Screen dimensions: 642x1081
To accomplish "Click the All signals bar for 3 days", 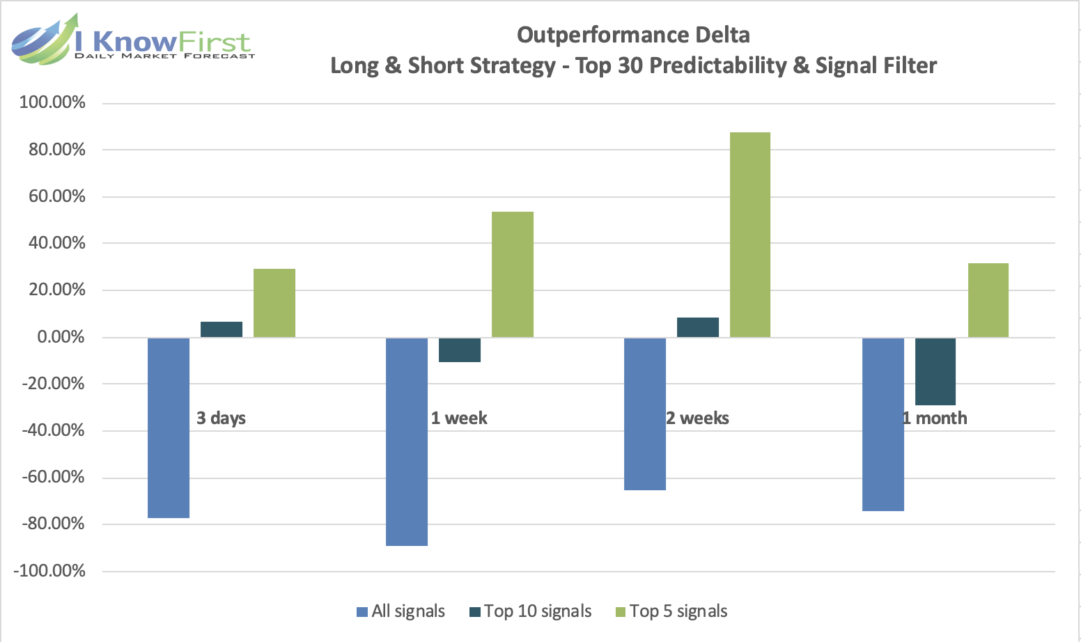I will (169, 428).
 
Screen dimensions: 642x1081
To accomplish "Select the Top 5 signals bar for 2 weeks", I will (750, 235).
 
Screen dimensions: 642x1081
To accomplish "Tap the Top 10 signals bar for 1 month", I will (935, 371).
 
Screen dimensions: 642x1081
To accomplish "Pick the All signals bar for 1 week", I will (407, 441).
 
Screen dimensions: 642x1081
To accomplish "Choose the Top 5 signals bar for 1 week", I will (513, 274).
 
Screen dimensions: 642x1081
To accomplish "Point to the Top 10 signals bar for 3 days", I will (221, 329).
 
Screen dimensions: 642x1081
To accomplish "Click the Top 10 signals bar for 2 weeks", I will (698, 327).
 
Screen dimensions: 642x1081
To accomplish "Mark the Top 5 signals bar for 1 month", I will (988, 300).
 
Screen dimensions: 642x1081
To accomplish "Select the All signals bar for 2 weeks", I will (645, 414).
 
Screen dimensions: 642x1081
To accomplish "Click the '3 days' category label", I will (221, 418).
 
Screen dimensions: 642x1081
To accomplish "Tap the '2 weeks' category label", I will (698, 418).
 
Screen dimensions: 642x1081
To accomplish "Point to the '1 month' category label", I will (935, 418).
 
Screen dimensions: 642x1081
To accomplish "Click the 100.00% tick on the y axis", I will (53, 102).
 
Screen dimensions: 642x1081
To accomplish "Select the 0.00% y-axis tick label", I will (61, 337).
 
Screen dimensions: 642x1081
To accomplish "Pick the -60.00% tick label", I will (54, 477).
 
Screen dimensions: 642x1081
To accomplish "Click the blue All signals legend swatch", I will (362, 612).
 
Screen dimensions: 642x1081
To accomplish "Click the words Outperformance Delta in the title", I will (633, 35).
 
